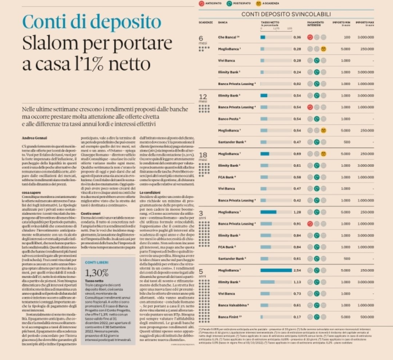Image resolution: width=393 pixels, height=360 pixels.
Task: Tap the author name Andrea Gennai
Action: tap(33, 137)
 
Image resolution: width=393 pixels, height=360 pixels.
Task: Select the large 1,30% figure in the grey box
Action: tap(97, 272)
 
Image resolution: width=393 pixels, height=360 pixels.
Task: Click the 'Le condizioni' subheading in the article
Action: tap(149, 192)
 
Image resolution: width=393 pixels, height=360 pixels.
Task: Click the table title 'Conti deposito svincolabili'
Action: tap(286, 14)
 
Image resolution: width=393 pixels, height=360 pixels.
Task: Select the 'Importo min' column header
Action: tap(341, 23)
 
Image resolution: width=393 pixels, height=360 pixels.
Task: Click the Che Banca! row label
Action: tap(229, 37)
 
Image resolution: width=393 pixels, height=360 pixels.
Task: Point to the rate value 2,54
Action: tap(297, 270)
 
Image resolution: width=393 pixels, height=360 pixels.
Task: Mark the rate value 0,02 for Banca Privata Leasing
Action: tap(297, 84)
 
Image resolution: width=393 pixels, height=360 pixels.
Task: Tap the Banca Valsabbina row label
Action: tap(233, 305)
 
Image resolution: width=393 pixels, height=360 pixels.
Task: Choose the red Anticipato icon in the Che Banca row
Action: tap(310, 37)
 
